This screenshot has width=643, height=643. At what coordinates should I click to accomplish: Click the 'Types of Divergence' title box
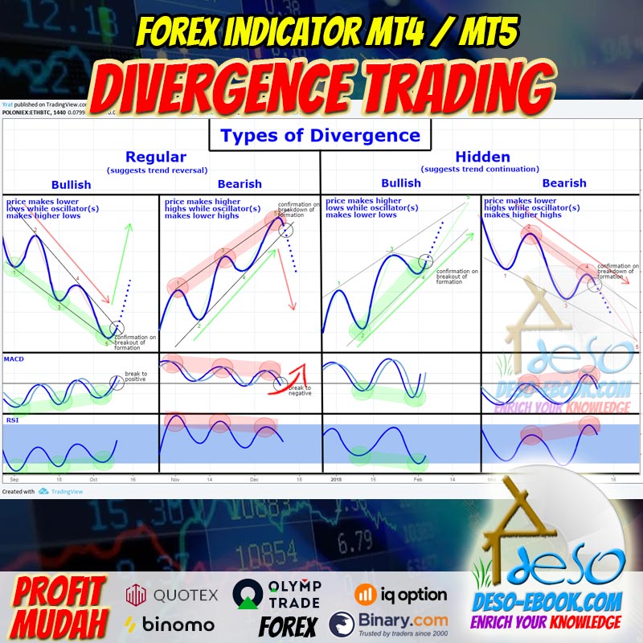point(320,135)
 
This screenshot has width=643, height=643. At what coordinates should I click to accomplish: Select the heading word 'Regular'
point(155,158)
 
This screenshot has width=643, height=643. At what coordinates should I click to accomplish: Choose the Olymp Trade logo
point(277,594)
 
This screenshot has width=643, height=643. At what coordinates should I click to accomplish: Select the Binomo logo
point(170,624)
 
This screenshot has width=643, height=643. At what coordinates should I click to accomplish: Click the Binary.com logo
point(389,624)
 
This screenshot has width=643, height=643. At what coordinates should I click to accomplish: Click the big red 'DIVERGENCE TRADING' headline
point(321,84)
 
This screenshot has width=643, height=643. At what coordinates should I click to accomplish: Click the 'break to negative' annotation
point(300,390)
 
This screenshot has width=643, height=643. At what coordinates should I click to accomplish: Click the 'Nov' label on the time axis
point(175,479)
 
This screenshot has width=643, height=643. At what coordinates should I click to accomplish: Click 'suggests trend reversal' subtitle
point(155,170)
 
